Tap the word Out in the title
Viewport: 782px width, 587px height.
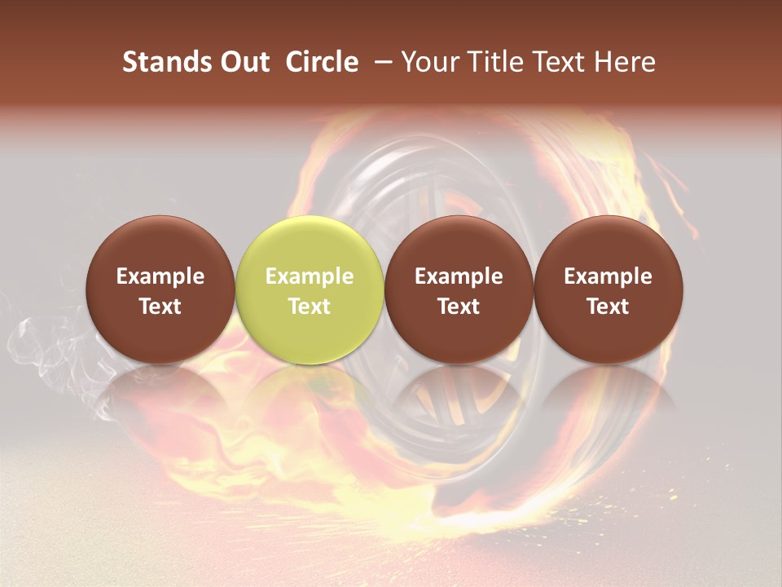pos(244,62)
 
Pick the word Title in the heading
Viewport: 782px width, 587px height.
pos(496,62)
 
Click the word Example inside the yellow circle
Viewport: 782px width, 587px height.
pos(310,276)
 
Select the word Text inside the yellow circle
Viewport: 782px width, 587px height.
pos(310,307)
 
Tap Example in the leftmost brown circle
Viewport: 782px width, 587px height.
pos(160,276)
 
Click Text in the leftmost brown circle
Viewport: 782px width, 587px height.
pos(160,307)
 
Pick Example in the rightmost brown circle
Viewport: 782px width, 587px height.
pos(608,276)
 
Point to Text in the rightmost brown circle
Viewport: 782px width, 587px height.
pos(608,307)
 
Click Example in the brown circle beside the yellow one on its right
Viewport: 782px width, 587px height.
pos(459,276)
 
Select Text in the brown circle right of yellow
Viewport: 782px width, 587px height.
pos(459,307)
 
